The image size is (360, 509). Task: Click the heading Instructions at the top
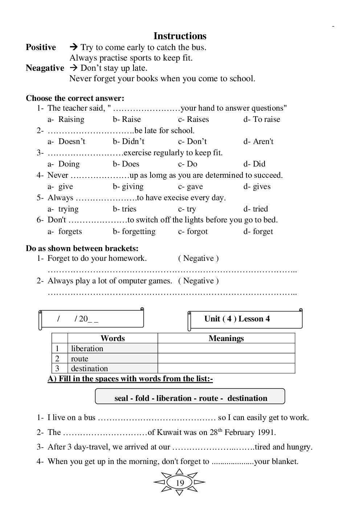tap(180, 36)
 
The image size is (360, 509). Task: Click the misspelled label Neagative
tap(45, 68)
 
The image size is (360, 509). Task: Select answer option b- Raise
tap(127, 119)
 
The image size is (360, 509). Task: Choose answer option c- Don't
tap(192, 141)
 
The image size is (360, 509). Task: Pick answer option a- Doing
tap(64, 164)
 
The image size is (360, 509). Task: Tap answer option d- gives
tap(257, 186)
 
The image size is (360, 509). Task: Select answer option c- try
tap(187, 209)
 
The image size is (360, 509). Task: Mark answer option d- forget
tap(258, 231)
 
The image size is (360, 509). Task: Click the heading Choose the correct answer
tap(75, 98)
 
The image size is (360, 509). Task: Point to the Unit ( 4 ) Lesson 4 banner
tap(237, 319)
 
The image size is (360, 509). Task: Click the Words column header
tap(112, 338)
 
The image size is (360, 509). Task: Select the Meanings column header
tap(226, 338)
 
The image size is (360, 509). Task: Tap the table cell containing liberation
tap(87, 348)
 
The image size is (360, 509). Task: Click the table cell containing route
tap(80, 358)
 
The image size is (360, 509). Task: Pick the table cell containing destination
tap(90, 368)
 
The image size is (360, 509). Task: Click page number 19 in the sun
tap(180, 483)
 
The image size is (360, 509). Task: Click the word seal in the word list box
tap(121, 398)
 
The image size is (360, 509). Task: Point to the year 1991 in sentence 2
tap(267, 432)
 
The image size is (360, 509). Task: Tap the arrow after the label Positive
tap(74, 47)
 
